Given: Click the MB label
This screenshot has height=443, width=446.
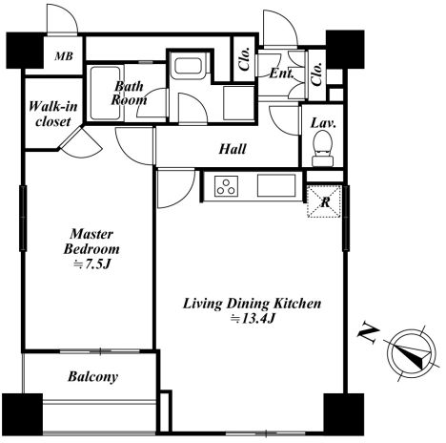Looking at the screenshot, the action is (x=64, y=56).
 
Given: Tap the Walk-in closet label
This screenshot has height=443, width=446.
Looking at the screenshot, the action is (x=53, y=114).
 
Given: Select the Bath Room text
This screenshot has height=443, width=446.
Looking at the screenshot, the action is (x=129, y=93).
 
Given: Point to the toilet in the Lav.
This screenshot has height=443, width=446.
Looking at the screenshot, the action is (x=322, y=148).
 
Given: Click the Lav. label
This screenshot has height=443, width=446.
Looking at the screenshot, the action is (x=323, y=123).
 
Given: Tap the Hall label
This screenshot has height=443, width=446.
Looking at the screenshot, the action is (x=233, y=149).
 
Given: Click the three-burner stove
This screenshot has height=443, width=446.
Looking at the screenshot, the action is (x=227, y=186).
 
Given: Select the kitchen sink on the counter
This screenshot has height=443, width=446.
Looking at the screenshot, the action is (x=276, y=185).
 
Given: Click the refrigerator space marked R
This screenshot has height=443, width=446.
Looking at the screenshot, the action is (x=325, y=201).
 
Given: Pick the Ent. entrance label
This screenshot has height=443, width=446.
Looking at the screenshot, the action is (x=281, y=74).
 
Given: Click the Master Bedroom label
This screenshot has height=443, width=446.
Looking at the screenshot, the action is (x=91, y=242).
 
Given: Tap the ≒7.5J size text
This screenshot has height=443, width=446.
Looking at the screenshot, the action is (x=91, y=264).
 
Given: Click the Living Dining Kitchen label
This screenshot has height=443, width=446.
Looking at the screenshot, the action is (x=253, y=304).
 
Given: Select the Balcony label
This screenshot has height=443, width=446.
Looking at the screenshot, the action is (x=92, y=377).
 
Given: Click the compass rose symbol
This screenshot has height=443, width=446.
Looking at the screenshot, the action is (x=412, y=353).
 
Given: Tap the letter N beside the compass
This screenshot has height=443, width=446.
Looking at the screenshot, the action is (x=369, y=334).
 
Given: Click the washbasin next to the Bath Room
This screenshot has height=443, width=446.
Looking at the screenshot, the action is (x=188, y=66).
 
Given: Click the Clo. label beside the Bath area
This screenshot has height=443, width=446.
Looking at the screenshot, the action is (x=245, y=59).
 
